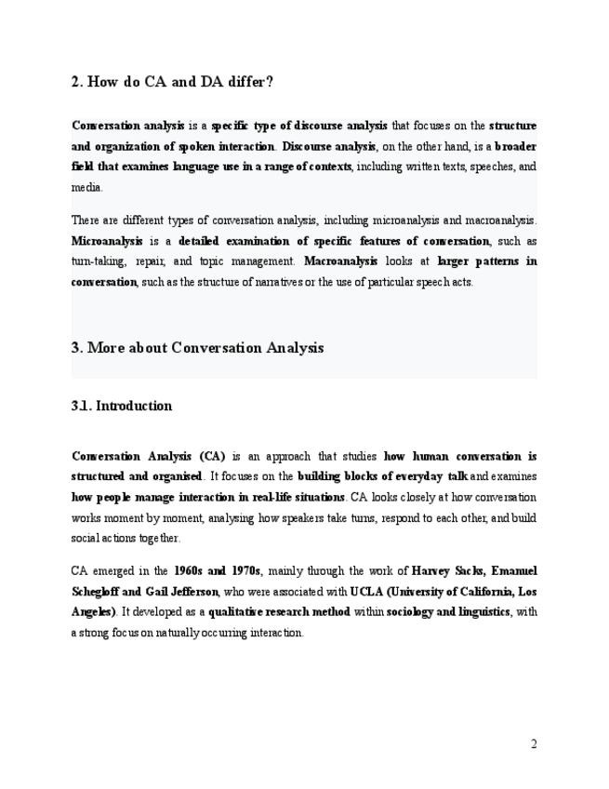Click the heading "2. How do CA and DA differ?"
pos(172,82)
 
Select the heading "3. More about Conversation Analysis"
pos(197,348)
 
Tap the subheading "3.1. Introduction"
pos(121,406)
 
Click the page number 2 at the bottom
pos(534,743)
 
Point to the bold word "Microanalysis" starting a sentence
pos(107,241)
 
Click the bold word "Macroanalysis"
pos(340,261)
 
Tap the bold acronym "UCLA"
pos(367,591)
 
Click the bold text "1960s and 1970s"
pos(218,570)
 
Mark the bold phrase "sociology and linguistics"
pos(448,611)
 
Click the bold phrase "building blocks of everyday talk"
pos(382,475)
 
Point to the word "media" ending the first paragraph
pos(86,187)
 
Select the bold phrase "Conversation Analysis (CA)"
pos(148,456)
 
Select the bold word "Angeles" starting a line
pos(92,611)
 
